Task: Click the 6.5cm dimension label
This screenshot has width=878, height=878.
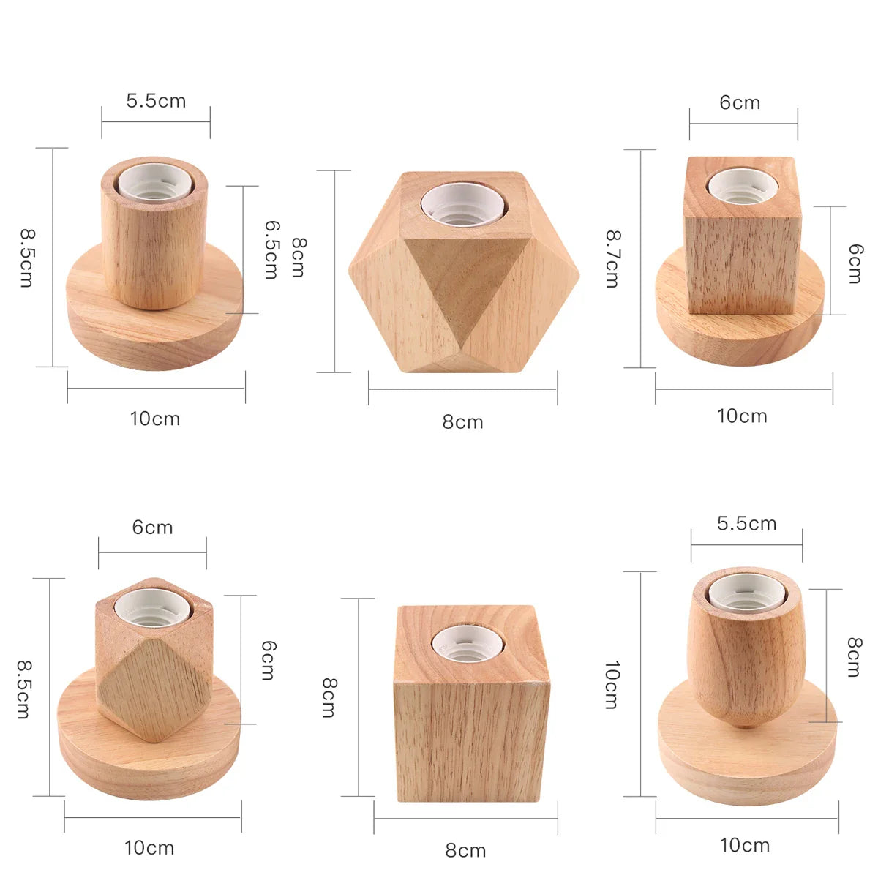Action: (x=271, y=249)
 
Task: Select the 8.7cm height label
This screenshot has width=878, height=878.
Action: (x=612, y=258)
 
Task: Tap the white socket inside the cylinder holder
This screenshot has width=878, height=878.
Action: (x=154, y=182)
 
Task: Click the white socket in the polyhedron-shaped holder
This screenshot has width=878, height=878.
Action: (x=462, y=203)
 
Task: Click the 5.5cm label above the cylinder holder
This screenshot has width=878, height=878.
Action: (x=156, y=101)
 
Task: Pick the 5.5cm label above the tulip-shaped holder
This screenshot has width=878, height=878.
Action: (x=746, y=524)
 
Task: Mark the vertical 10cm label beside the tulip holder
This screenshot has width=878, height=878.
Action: (x=612, y=685)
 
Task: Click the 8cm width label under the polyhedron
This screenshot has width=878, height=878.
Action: (x=462, y=422)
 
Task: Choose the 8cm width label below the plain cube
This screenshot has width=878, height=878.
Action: (x=465, y=850)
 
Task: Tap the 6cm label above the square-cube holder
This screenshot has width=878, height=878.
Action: (x=740, y=102)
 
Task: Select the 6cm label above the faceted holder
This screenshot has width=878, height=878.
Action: (x=152, y=528)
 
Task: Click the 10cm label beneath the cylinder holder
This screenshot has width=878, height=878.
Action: (x=155, y=419)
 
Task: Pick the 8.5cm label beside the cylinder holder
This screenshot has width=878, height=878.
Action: (x=26, y=258)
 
